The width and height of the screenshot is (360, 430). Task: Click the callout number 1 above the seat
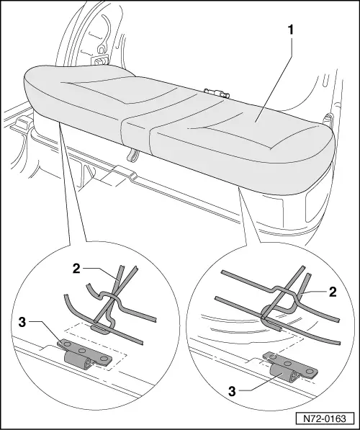[x=290, y=30]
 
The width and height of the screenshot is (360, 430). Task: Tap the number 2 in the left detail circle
[x=76, y=269]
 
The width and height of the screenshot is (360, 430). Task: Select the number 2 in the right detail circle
[x=333, y=292]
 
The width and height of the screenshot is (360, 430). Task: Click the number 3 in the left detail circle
[x=22, y=323]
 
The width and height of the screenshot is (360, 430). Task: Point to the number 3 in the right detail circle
[x=232, y=391]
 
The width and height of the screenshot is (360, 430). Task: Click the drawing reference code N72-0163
[x=324, y=418]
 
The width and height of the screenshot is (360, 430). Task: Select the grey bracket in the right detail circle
[x=290, y=369]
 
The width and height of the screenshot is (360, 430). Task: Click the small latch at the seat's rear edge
[x=217, y=92]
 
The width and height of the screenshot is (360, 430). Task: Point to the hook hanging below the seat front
[x=132, y=155]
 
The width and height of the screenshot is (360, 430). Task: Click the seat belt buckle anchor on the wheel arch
[x=100, y=60]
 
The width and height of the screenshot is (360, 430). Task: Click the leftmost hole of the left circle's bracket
[x=66, y=344]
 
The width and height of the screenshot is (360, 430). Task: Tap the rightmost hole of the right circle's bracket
[x=310, y=371]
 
